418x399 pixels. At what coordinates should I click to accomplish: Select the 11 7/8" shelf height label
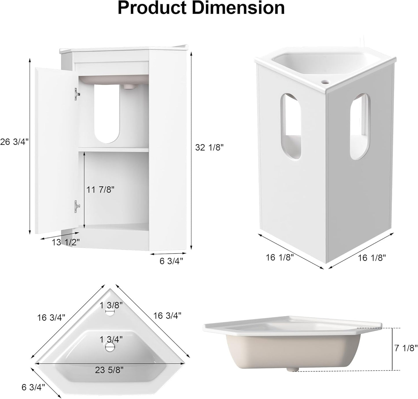[100, 189]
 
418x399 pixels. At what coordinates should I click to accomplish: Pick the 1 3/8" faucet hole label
[111, 304]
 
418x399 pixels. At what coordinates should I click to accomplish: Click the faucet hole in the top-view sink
[110, 313]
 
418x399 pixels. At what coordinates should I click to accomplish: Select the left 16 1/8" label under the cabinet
[280, 257]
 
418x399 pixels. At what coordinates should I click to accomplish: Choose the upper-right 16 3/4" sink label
[167, 315]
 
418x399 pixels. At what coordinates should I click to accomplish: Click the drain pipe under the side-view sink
[292, 369]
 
